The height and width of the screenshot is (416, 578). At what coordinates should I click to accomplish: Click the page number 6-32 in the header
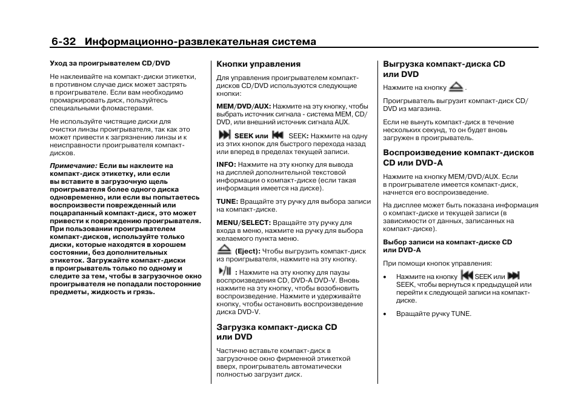[x=64, y=42]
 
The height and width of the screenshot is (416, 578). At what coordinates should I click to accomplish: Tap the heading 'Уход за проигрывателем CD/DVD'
[x=110, y=62]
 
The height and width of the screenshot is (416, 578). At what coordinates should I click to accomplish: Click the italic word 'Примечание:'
[x=73, y=166]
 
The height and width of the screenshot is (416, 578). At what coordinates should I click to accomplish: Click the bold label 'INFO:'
[x=226, y=164]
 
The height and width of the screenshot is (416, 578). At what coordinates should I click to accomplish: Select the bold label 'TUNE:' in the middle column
[x=227, y=201]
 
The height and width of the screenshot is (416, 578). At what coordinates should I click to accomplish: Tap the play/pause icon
[x=225, y=271]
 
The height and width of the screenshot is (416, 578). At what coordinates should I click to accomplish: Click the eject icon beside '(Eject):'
[x=224, y=250]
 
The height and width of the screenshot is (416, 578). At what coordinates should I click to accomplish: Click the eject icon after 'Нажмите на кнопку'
[x=456, y=87]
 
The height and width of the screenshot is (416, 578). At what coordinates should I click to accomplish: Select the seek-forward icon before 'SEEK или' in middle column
[x=224, y=135]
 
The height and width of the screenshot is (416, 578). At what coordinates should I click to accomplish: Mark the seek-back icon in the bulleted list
[x=467, y=275]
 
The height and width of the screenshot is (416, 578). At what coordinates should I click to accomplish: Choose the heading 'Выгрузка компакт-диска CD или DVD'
[x=443, y=69]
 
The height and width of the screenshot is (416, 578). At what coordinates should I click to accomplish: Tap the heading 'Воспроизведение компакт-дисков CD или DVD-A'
[x=458, y=157]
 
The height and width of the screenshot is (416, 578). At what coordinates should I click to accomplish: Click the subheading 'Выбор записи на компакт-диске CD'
[x=447, y=242]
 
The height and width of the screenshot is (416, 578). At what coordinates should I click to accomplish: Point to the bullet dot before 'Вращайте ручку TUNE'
[x=385, y=314]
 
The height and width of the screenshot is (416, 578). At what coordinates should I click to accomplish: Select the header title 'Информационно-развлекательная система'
[x=201, y=42]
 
